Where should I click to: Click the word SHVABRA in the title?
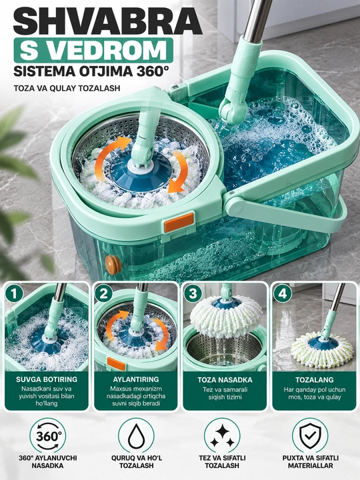coord(107,21)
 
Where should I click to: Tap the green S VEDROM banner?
coord(94,50)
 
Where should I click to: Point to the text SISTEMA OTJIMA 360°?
coord(91,71)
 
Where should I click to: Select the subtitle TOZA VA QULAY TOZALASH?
coord(67,88)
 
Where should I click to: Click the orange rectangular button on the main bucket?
coord(179,223)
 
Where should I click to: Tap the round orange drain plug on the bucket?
coord(113,265)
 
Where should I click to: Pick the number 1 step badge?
coord(14,294)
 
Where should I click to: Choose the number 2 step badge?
coord(103,294)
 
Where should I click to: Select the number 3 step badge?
coord(193,294)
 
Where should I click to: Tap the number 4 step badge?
coord(282,294)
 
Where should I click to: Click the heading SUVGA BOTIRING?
coord(47,379)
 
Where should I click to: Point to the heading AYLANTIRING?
coord(136,379)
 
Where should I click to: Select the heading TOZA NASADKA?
coord(225,380)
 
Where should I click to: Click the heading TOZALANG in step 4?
coord(315,380)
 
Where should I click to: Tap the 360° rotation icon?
coord(47,436)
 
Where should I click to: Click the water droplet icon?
coord(136,436)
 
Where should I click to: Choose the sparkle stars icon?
coord(222,436)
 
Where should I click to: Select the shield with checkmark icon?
coord(310,436)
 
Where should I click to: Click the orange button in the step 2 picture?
coord(116,364)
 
